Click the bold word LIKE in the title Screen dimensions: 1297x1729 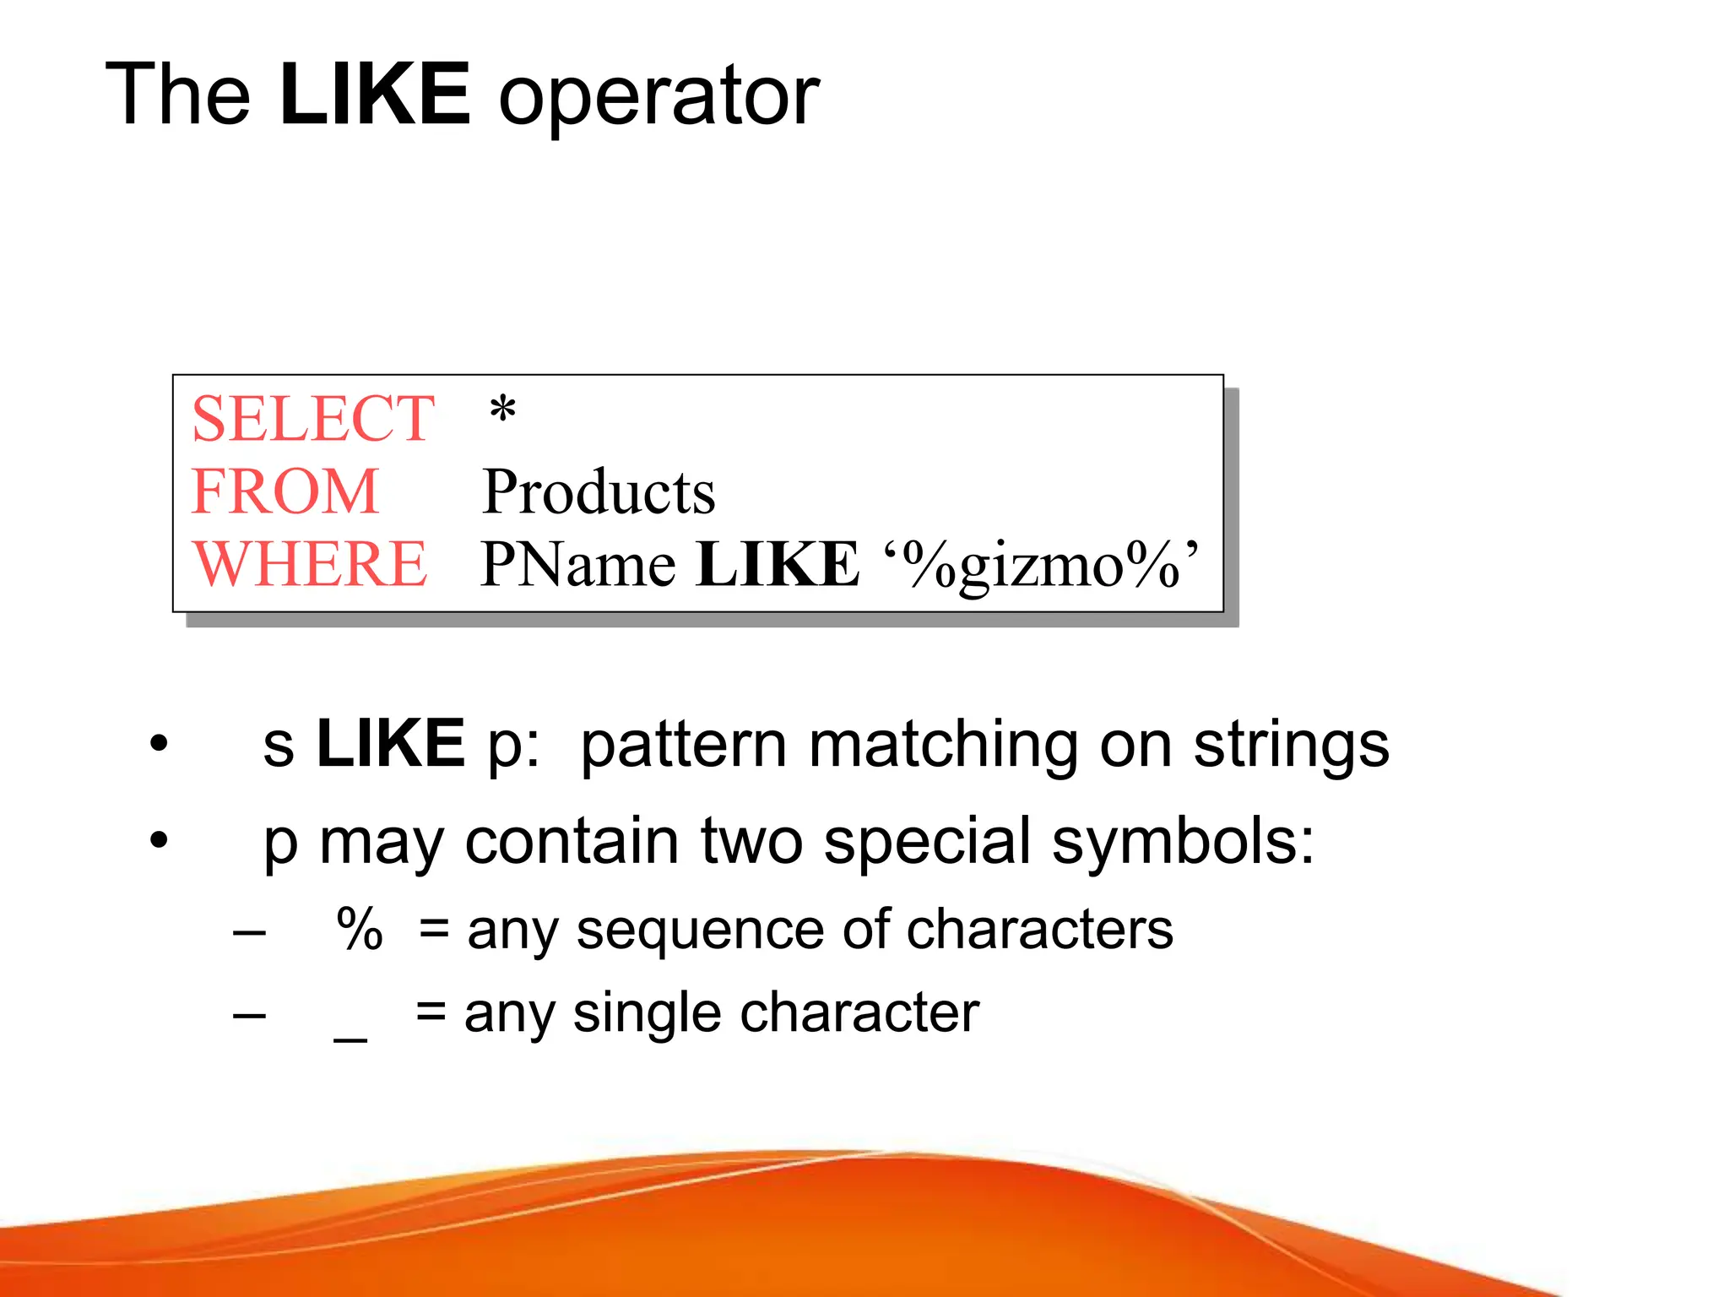pyautogui.click(x=374, y=95)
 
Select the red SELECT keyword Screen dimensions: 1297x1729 pyautogui.click(x=312, y=419)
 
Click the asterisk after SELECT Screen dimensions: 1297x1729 pyautogui.click(x=502, y=411)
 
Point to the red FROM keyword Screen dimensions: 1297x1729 pyautogui.click(x=285, y=491)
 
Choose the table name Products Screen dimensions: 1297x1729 pyautogui.click(x=599, y=491)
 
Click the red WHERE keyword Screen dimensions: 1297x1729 pyautogui.click(x=310, y=564)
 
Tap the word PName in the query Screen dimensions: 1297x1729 pyautogui.click(x=578, y=564)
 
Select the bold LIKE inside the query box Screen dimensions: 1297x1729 pyautogui.click(x=778, y=564)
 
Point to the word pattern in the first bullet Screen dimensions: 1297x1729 pyautogui.click(x=684, y=746)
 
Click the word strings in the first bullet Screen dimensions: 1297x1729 pyautogui.click(x=1291, y=746)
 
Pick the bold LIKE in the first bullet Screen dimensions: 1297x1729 pyautogui.click(x=390, y=744)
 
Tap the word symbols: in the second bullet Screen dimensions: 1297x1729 pyautogui.click(x=1183, y=842)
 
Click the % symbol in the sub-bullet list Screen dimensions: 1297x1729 pyautogui.click(x=360, y=929)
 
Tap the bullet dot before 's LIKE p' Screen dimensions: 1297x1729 pyautogui.click(x=159, y=745)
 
